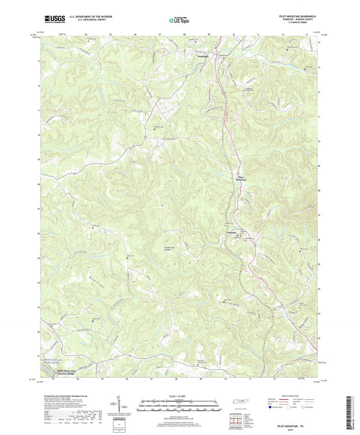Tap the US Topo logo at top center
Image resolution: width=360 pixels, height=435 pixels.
point(179,20)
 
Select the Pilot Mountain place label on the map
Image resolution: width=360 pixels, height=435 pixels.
point(241,179)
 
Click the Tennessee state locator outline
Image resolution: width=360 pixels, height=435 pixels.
point(239,403)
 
